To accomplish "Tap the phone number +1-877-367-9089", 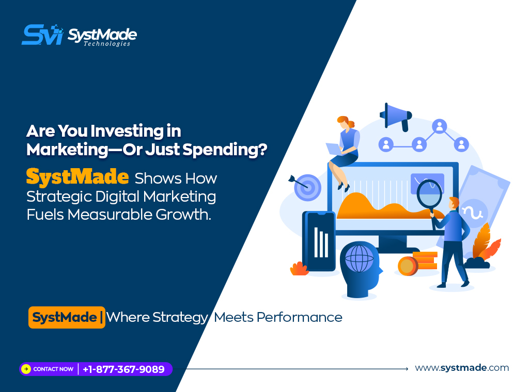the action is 123,369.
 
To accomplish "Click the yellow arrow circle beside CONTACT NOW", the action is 26,369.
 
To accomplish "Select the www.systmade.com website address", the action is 462,367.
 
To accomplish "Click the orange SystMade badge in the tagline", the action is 67,317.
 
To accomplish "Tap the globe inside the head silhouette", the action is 360,258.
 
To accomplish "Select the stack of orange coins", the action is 417,263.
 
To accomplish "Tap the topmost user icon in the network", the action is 439,126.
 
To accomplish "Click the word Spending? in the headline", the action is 225,150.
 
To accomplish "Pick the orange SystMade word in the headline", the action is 77,176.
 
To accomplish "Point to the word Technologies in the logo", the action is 107,44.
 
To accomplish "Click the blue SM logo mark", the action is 42,35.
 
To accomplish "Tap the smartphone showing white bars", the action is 319,241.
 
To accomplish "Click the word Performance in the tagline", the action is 300,317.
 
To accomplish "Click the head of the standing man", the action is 454,203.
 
